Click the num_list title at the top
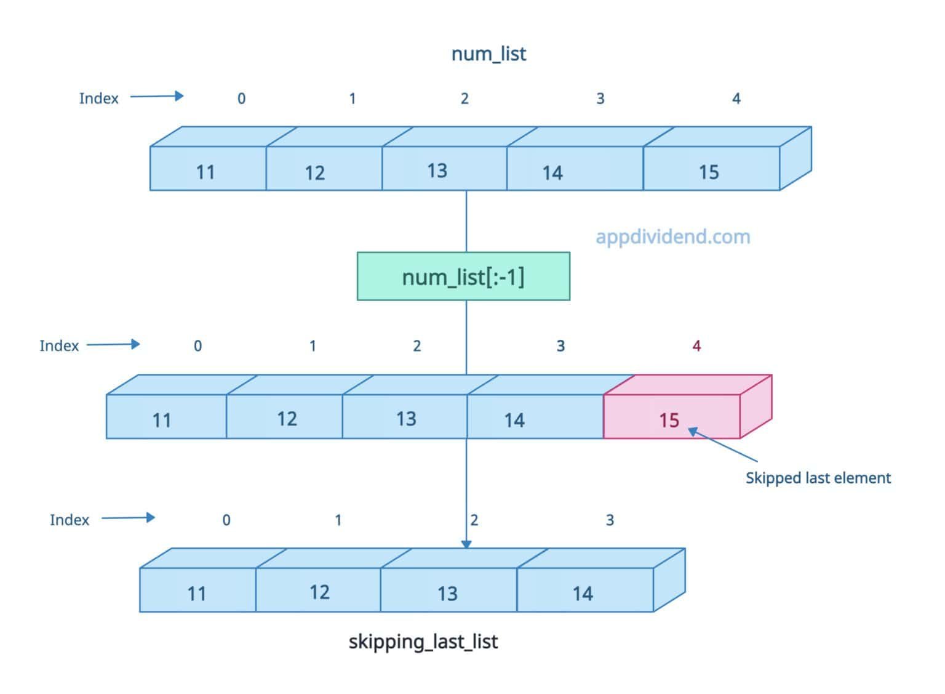point(488,54)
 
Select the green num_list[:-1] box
point(463,276)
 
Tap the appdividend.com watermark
point(672,236)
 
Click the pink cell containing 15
point(671,417)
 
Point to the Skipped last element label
point(818,478)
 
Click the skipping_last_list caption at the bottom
point(423,642)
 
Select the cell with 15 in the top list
point(711,168)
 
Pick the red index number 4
point(696,346)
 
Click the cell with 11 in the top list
point(207,168)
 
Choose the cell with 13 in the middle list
point(405,417)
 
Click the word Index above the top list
point(98,99)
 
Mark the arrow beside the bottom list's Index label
point(128,518)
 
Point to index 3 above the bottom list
point(610,520)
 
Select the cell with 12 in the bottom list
point(318,590)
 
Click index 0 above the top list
point(241,99)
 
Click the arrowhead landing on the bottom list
point(466,544)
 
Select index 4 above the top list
point(736,99)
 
